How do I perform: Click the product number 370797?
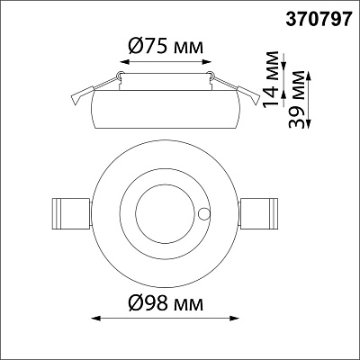pyautogui.click(x=318, y=20)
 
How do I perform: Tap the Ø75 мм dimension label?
pyautogui.click(x=166, y=47)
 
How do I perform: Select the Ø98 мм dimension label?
pyautogui.click(x=166, y=304)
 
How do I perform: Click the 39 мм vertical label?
pyautogui.click(x=296, y=100)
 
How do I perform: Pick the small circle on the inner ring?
pyautogui.click(x=204, y=213)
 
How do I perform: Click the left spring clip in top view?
pyautogui.click(x=71, y=214)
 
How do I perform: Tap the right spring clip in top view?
pyautogui.click(x=258, y=214)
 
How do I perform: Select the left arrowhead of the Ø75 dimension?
pyautogui.click(x=124, y=62)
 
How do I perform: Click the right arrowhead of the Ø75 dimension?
pyautogui.click(x=207, y=62)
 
